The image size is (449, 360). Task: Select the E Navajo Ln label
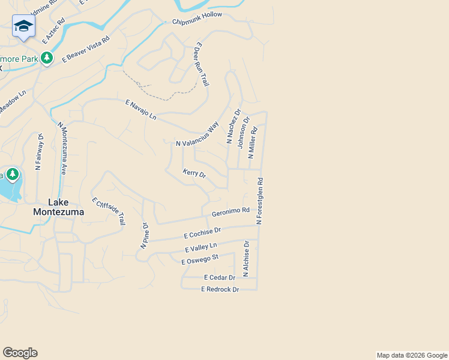(140, 110)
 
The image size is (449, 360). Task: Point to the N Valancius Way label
(197, 135)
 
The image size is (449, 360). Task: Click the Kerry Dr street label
(194, 173)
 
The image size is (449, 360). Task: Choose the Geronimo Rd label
(231, 212)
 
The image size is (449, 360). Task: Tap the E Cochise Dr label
(202, 231)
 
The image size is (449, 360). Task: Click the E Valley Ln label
(200, 246)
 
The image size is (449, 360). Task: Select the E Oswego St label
(200, 259)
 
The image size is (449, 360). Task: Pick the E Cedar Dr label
(219, 277)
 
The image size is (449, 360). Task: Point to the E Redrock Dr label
(220, 289)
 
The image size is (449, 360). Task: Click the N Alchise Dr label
(246, 259)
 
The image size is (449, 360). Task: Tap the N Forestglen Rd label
(259, 201)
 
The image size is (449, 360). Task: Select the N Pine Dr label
(144, 236)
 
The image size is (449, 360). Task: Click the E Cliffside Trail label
(109, 211)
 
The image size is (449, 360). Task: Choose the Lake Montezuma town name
(58, 208)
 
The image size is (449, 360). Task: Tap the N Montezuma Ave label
(62, 148)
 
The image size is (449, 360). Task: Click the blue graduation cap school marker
(23, 26)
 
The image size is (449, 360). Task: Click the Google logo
(20, 353)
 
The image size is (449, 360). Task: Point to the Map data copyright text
(411, 355)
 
